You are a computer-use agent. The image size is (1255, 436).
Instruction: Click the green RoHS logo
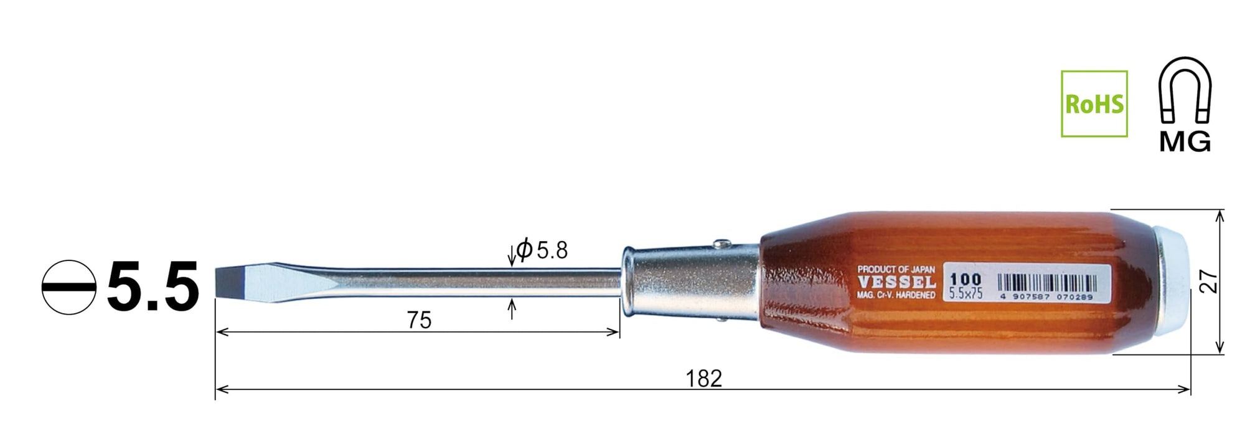click(x=1094, y=104)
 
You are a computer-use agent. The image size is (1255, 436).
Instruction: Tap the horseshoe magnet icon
click(x=1185, y=90)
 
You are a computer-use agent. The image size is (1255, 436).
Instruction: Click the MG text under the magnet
click(x=1185, y=143)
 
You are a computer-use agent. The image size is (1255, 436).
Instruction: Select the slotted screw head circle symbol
click(x=69, y=287)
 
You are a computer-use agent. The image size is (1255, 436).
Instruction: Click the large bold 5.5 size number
click(x=153, y=287)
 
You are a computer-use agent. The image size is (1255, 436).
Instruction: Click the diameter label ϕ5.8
click(x=542, y=250)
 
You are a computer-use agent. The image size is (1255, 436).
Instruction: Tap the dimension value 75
click(x=419, y=320)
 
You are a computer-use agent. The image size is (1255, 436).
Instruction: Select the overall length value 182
click(x=703, y=379)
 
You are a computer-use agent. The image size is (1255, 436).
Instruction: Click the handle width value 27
click(x=1208, y=282)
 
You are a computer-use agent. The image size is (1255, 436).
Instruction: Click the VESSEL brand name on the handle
click(x=896, y=282)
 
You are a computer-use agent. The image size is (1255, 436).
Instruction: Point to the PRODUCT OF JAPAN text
click(x=896, y=269)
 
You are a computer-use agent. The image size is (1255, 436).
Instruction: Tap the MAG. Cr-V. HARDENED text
click(x=896, y=295)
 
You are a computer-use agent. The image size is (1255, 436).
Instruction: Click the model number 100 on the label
click(x=966, y=278)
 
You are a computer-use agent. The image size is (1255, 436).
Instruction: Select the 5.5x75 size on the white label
click(x=966, y=293)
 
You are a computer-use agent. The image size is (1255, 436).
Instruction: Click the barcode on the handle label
click(x=1047, y=283)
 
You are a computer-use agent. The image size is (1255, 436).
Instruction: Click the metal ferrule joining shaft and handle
click(x=691, y=281)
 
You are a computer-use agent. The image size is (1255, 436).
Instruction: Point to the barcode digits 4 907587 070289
click(x=1047, y=297)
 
